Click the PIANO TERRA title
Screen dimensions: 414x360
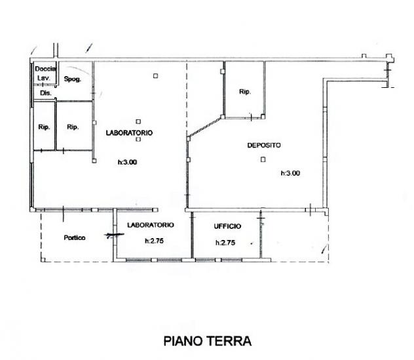207,341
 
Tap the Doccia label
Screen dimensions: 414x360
45,69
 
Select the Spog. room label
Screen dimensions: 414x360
73,79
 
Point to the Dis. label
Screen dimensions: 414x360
46,93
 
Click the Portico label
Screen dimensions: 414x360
75,237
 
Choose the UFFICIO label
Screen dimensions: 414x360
227,226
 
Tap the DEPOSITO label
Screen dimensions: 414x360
264,145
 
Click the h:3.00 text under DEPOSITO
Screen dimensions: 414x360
290,173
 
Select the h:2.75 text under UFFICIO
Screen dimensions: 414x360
225,243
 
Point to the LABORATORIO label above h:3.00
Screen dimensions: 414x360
129,132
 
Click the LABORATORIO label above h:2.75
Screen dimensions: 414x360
151,225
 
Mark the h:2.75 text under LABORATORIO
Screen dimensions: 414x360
154,241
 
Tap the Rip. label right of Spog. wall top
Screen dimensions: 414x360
245,92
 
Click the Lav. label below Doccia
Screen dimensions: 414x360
44,78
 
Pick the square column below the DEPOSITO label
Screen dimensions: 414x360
263,159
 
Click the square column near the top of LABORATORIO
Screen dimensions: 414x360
155,76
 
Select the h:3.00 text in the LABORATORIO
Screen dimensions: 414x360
127,162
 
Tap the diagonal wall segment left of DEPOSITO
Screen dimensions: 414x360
204,127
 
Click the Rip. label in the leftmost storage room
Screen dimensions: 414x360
44,127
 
